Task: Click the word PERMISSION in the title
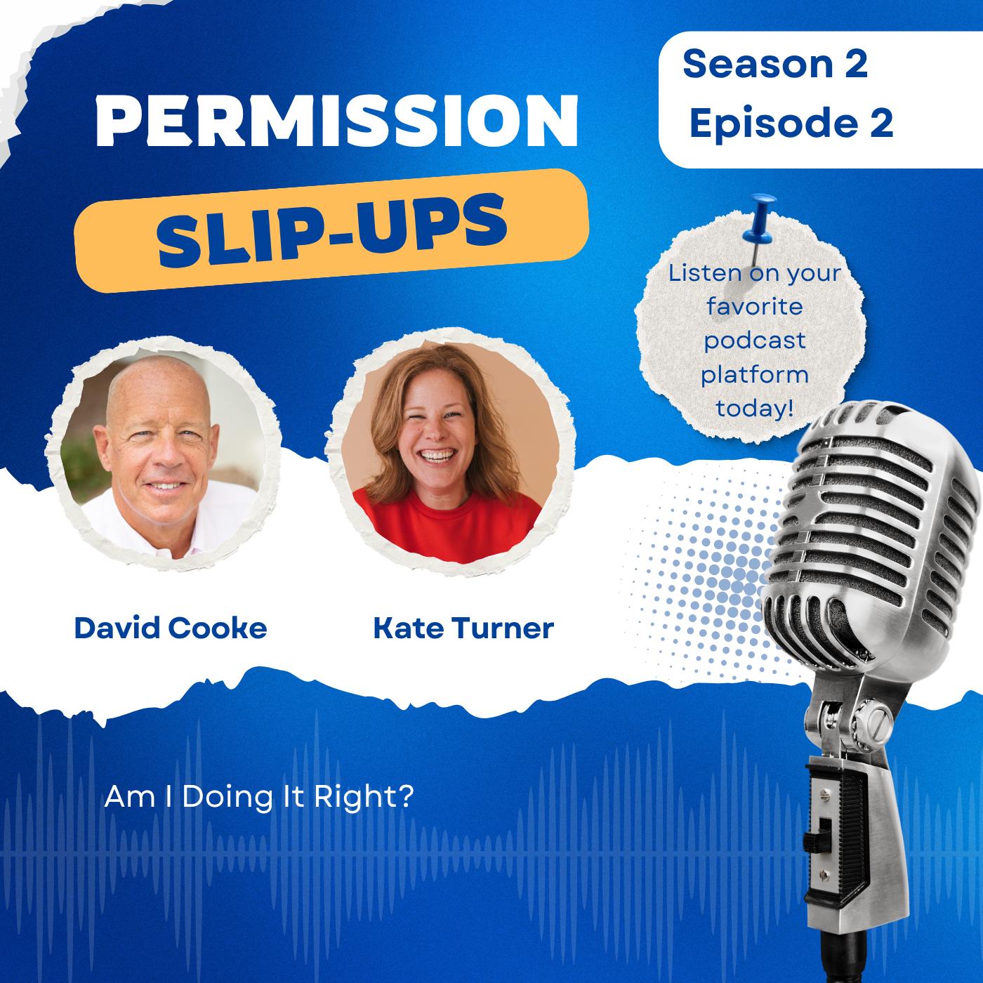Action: coord(337,121)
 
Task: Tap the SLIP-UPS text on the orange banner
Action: coord(332,230)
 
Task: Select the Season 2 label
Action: coord(775,64)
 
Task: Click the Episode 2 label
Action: coord(791,123)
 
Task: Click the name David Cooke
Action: coord(171,628)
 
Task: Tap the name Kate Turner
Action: coord(463,628)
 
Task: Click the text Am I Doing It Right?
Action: coord(258,796)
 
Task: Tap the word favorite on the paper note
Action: coord(755,307)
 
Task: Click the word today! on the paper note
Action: coord(755,408)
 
